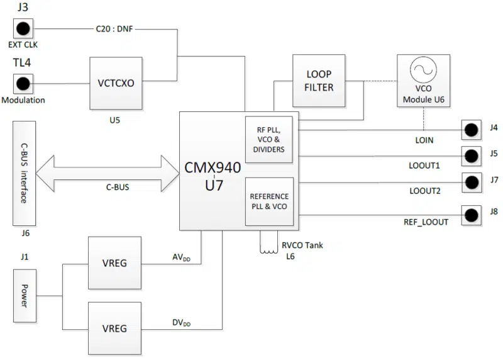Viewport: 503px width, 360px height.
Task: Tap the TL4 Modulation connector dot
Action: click(x=24, y=83)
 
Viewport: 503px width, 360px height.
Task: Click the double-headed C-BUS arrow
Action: click(x=108, y=171)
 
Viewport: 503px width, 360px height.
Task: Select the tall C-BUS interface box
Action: click(x=24, y=173)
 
